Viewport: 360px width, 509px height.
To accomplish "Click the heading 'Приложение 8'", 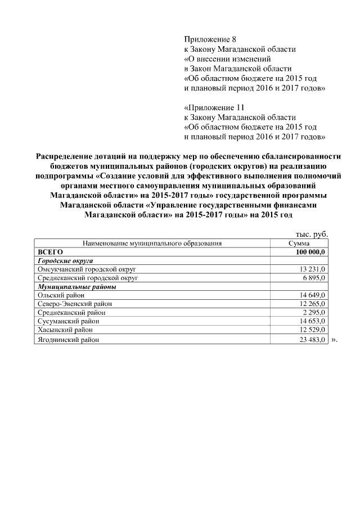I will point(207,39).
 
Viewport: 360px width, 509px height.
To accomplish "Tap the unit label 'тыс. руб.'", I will point(312,234).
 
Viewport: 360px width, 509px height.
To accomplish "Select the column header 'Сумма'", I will point(299,243).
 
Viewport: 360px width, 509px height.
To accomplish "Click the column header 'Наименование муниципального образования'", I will point(152,243).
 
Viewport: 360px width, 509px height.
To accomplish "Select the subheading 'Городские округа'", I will point(65,261).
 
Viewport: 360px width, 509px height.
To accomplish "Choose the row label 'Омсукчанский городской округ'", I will point(87,269).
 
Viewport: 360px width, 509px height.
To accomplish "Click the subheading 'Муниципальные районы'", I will point(76,286).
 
